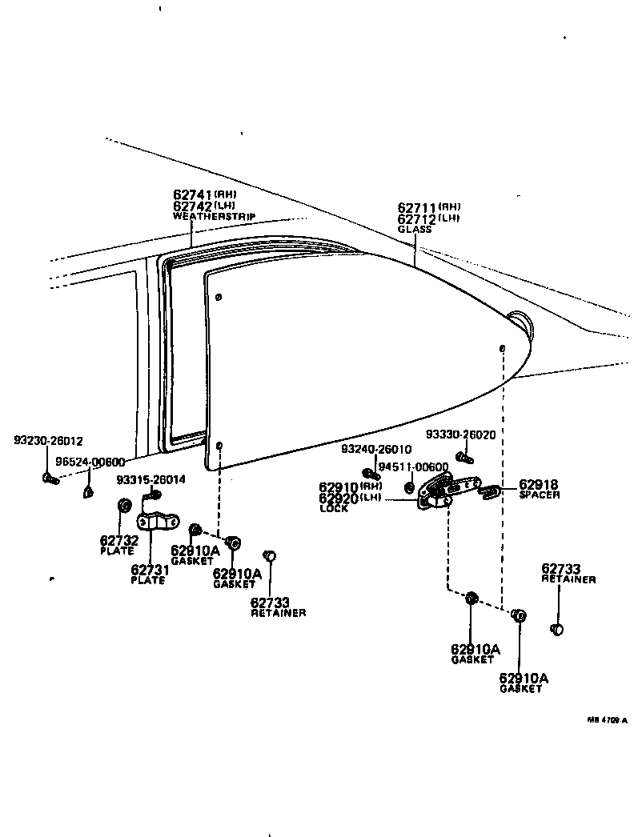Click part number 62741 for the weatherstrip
[x=192, y=194]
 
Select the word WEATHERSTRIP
[x=207, y=216]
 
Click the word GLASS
[x=414, y=230]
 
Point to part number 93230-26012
[x=48, y=441]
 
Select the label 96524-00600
[x=90, y=463]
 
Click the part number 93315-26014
[x=150, y=480]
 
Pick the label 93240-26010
[x=376, y=450]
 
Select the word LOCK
[x=334, y=509]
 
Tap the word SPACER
[x=540, y=495]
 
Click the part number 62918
[x=539, y=485]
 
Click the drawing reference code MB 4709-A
[x=608, y=720]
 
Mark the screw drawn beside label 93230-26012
[x=50, y=479]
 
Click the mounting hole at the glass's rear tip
[x=501, y=349]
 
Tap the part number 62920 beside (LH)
[x=339, y=498]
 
